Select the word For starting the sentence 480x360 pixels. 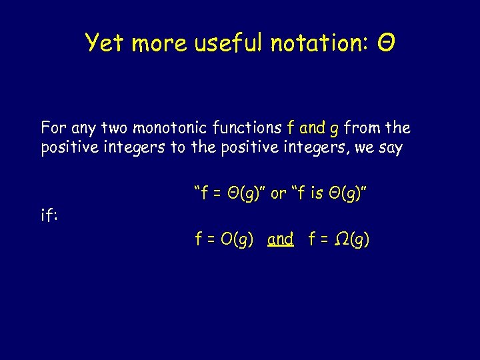(54, 127)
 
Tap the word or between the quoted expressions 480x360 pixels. (279, 193)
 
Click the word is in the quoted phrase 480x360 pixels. (317, 193)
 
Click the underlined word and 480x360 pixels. (280, 239)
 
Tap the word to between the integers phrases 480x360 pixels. (177, 148)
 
